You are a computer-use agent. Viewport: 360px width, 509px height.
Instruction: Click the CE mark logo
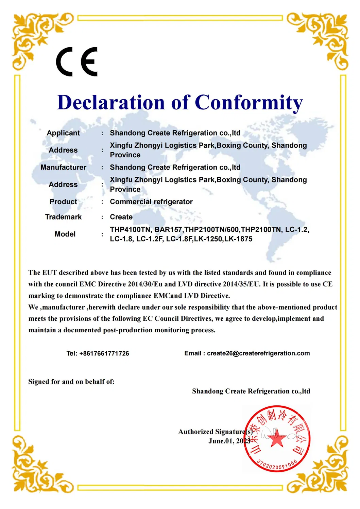(x=77, y=62)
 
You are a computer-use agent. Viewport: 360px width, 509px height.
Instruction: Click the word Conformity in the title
(x=248, y=103)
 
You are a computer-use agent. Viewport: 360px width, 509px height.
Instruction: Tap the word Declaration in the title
(x=111, y=103)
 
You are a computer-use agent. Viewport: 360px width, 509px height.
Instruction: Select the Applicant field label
(x=63, y=133)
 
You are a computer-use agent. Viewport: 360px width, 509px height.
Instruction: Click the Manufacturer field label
(x=63, y=167)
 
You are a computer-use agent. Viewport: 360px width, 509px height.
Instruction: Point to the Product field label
(x=63, y=201)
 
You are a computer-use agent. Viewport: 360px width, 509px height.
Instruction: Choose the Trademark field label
(x=63, y=217)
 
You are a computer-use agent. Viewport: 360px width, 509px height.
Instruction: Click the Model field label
(x=65, y=234)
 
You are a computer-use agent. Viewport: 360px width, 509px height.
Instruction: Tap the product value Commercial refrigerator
(x=151, y=201)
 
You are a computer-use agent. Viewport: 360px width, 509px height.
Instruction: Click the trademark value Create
(x=121, y=217)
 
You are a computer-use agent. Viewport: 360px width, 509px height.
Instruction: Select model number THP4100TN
(x=130, y=230)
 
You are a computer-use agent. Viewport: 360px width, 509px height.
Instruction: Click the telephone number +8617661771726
(x=104, y=353)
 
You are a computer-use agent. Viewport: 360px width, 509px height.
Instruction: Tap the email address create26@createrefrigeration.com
(x=258, y=353)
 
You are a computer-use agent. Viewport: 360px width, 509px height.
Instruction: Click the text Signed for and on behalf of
(x=71, y=382)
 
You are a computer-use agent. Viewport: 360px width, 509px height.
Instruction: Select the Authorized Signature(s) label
(x=215, y=432)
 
